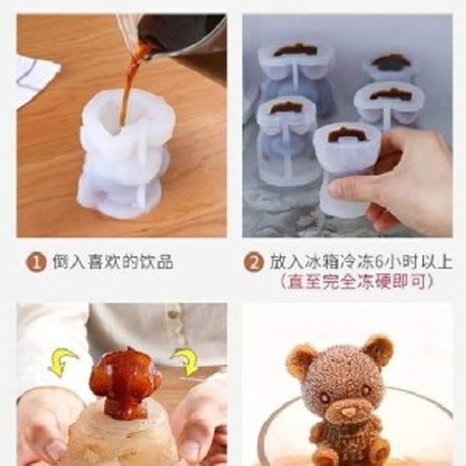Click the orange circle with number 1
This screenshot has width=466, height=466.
pyautogui.click(x=36, y=262)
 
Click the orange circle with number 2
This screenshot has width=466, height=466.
pyautogui.click(x=253, y=262)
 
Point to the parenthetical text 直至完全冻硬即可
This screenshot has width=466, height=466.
pyautogui.click(x=356, y=281)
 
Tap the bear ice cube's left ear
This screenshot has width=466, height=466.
pyautogui.click(x=303, y=361)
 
